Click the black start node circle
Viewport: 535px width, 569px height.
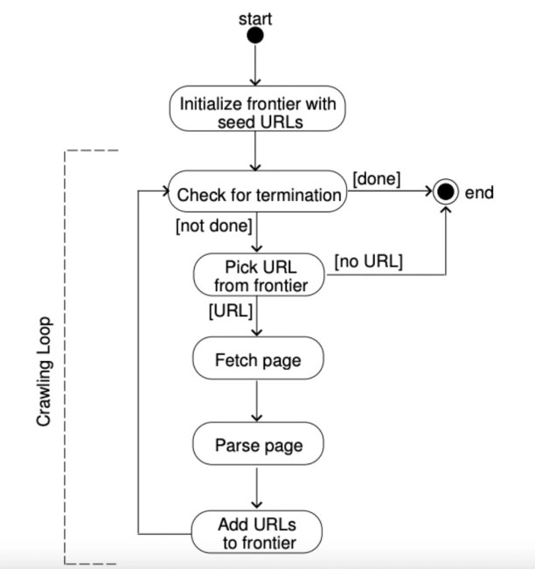tap(255, 35)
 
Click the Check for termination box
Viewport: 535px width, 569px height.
tap(258, 195)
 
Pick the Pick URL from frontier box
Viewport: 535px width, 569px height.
tap(258, 275)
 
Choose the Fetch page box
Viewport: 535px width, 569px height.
tap(258, 360)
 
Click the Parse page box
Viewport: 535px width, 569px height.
tap(258, 445)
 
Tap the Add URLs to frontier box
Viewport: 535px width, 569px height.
tap(258, 533)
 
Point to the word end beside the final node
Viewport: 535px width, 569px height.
tap(480, 193)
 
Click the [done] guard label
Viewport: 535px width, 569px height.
tap(377, 179)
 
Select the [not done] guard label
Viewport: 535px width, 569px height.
tap(214, 226)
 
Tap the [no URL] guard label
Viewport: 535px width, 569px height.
tap(367, 260)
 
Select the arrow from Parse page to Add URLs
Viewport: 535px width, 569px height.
tap(257, 487)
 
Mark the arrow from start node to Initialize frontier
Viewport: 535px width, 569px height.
tap(255, 66)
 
